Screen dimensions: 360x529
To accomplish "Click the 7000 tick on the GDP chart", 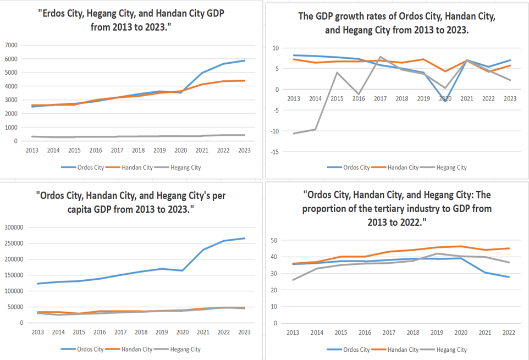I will click(x=12, y=45).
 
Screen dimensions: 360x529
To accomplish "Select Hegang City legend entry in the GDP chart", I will click(x=186, y=167).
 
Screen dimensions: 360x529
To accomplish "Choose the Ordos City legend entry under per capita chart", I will click(x=90, y=349).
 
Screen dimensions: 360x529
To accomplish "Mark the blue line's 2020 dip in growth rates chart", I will click(x=445, y=101).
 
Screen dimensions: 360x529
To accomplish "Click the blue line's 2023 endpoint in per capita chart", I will click(x=245, y=239).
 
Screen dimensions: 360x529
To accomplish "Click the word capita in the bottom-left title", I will click(x=58, y=209).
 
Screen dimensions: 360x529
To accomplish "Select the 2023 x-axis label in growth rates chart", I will click(x=509, y=98).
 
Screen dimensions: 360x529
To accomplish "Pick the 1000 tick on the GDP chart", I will click(x=12, y=127).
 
